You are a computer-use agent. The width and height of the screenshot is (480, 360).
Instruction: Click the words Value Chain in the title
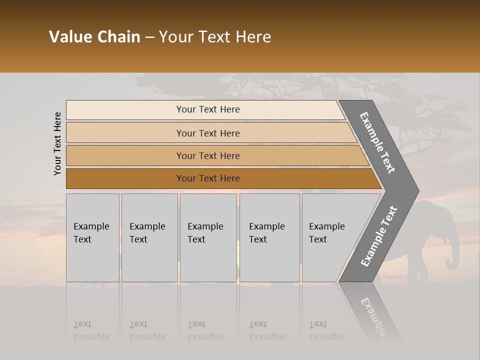coord(94,37)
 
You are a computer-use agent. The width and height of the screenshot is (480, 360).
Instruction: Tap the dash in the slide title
coord(149,37)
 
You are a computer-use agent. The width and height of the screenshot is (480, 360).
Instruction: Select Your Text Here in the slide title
coord(215,37)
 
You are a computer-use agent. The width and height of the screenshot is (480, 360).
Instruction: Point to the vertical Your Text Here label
coord(57,143)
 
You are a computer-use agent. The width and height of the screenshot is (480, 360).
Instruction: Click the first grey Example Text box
coord(92,237)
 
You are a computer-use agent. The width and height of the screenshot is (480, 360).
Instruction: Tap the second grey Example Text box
coord(149,237)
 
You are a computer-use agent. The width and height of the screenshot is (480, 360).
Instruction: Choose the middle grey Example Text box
coord(208,237)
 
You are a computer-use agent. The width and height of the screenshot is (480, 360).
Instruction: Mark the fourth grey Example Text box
coord(269,237)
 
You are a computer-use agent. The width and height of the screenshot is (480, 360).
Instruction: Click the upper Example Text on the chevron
coord(377,142)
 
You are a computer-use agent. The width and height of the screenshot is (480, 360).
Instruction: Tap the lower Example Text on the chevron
coord(379,236)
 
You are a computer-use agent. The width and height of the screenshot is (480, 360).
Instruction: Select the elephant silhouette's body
coord(430,230)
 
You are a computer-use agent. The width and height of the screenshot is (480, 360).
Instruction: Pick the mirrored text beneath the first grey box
coord(91,330)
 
